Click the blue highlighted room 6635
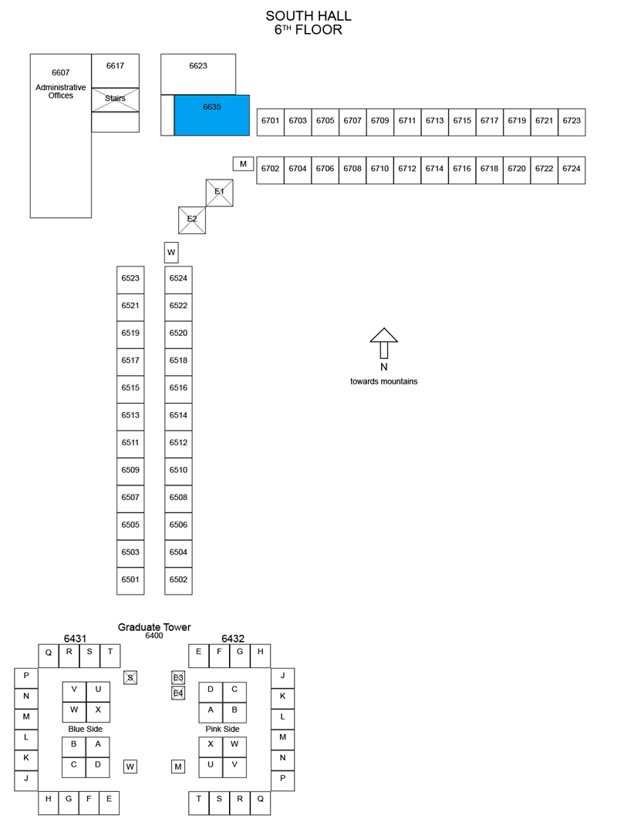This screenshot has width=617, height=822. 212,116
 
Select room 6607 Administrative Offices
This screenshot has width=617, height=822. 61,136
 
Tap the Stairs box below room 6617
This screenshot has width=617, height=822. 116,99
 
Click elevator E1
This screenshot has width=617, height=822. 219,193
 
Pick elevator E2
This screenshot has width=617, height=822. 192,220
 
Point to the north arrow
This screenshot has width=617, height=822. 384,344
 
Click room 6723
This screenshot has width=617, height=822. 571,122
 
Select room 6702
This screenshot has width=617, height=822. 270,170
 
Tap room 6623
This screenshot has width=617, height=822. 198,74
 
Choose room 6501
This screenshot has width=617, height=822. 130,581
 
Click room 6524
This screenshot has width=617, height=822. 178,280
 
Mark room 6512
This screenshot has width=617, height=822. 178,444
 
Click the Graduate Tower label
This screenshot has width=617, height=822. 154,627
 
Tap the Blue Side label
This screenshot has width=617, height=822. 86,730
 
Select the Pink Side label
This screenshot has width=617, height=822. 222,730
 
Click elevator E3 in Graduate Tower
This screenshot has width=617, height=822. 178,678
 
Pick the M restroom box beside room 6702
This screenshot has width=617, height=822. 244,164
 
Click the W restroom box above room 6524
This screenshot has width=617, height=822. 171,252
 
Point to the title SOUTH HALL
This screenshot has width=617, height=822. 308,16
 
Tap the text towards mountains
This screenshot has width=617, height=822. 384,381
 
